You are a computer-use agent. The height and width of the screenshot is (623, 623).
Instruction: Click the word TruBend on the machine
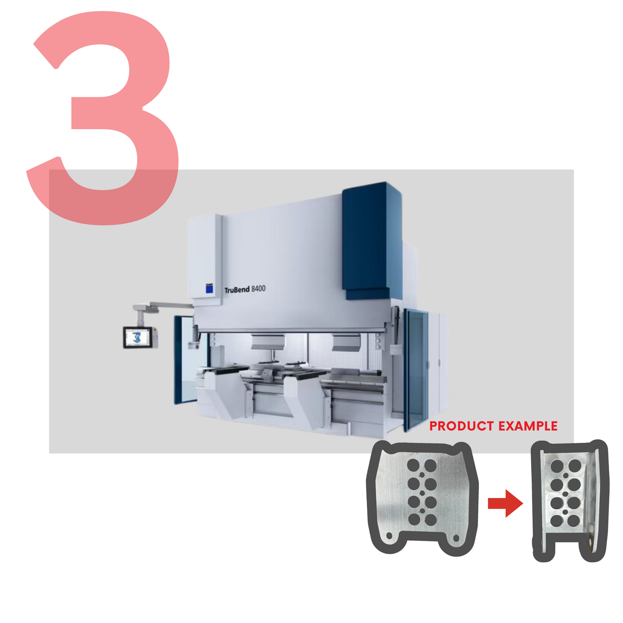coord(237,289)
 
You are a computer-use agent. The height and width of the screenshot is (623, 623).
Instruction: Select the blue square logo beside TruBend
coord(210,288)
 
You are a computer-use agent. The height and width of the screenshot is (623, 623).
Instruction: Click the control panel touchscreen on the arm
coord(138,337)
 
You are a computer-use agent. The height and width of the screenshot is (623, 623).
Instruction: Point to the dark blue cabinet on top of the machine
coord(372,241)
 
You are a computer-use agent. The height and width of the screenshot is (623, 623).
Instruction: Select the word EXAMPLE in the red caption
coord(528,426)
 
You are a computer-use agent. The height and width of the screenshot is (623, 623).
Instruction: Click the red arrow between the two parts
coord(505,503)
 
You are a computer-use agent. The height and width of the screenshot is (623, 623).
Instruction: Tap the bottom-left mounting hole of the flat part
coord(390,536)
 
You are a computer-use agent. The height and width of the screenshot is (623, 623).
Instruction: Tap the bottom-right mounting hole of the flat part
coord(456,538)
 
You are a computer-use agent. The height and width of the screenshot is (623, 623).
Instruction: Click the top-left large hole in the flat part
coord(414,465)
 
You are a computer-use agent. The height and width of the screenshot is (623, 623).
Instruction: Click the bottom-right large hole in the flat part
coord(431,520)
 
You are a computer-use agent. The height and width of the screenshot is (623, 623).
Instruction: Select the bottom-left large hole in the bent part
coord(557,521)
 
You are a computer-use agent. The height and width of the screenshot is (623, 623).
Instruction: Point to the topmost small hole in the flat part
coord(422,475)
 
